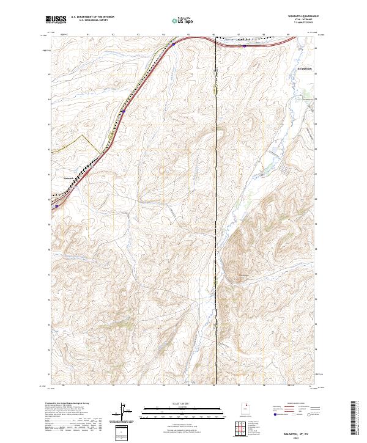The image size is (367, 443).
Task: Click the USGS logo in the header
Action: point(56,20)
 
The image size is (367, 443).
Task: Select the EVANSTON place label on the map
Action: point(305,69)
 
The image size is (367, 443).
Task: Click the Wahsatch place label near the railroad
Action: point(69,178)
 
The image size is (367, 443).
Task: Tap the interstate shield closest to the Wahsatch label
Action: point(57,206)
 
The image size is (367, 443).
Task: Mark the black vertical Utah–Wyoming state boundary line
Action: point(215,214)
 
